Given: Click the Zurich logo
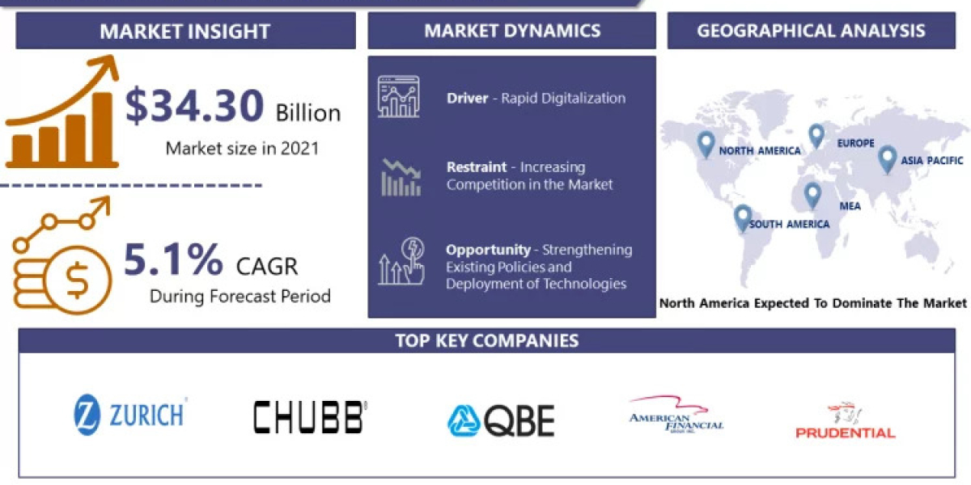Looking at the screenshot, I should click(x=130, y=415).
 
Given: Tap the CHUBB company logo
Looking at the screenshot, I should click(x=309, y=416).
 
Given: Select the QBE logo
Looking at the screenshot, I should click(x=501, y=420).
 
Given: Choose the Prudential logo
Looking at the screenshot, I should click(x=845, y=421).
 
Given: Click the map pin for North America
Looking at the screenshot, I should click(x=706, y=144).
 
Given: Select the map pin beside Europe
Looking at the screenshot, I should click(x=816, y=136).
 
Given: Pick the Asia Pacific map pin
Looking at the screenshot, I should click(x=888, y=158).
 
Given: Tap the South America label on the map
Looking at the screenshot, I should click(x=789, y=224).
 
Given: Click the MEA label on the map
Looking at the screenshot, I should click(x=850, y=206).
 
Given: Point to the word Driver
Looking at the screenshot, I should click(x=467, y=99).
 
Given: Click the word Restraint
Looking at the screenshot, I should click(x=477, y=167).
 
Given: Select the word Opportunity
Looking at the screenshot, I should click(x=487, y=250).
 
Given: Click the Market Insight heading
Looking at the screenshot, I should click(x=184, y=32).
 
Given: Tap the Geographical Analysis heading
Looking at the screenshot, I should click(x=811, y=32).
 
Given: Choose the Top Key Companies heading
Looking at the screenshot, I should click(x=486, y=340).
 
